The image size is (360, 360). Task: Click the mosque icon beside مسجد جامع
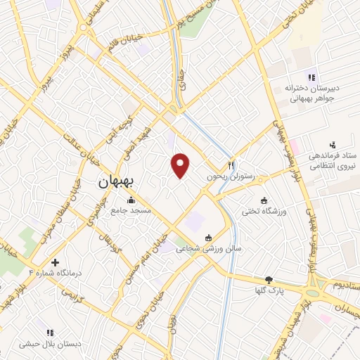131,200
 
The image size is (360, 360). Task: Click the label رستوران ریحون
229,176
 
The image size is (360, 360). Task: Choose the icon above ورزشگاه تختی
264,200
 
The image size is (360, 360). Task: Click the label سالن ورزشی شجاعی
208,248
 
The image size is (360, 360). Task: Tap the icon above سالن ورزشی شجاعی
208,238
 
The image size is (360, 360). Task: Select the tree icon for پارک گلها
268,279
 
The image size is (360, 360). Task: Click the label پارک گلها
268,290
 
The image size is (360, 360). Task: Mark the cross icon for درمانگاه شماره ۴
55,262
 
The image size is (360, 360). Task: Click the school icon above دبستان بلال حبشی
50,332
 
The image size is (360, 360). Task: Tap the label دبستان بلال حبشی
50,343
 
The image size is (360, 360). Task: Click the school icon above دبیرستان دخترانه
310,77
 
